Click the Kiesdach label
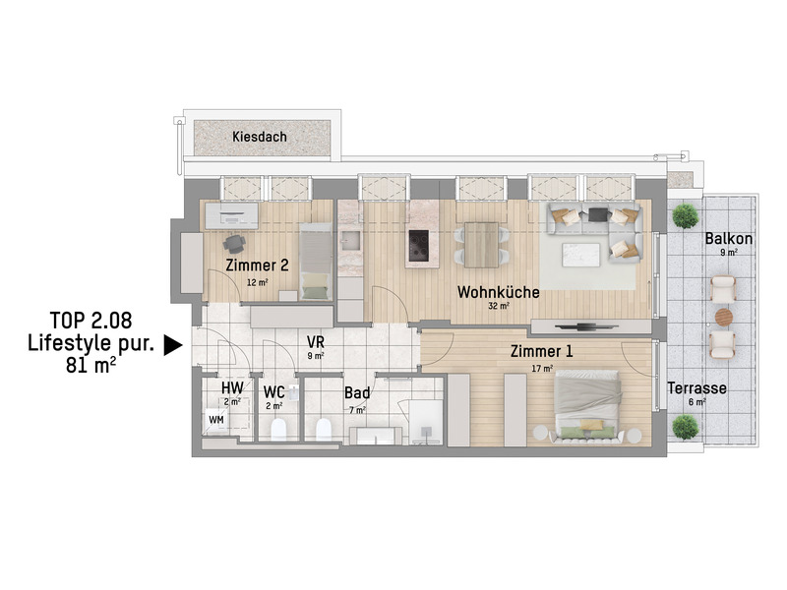pyautogui.click(x=260, y=137)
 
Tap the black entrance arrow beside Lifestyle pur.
pyautogui.click(x=173, y=346)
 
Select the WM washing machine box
pyautogui.click(x=215, y=420)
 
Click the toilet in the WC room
pyautogui.click(x=278, y=430)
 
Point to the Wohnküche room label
pyautogui.click(x=498, y=292)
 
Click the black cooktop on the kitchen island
pyautogui.click(x=419, y=245)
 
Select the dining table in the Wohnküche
pyautogui.click(x=481, y=245)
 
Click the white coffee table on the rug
pyautogui.click(x=581, y=255)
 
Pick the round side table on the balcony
pyautogui.click(x=724, y=317)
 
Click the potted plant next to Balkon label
pyautogui.click(x=685, y=215)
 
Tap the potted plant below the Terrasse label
pyautogui.click(x=685, y=427)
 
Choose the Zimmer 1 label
pyautogui.click(x=541, y=351)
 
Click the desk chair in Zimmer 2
pyautogui.click(x=234, y=244)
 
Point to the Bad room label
pyautogui.click(x=357, y=392)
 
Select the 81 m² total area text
pyautogui.click(x=91, y=365)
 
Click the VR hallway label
pyautogui.click(x=316, y=342)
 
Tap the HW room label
pyautogui.click(x=232, y=387)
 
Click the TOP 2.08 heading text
pyautogui.click(x=91, y=320)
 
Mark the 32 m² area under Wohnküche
pyautogui.click(x=499, y=305)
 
